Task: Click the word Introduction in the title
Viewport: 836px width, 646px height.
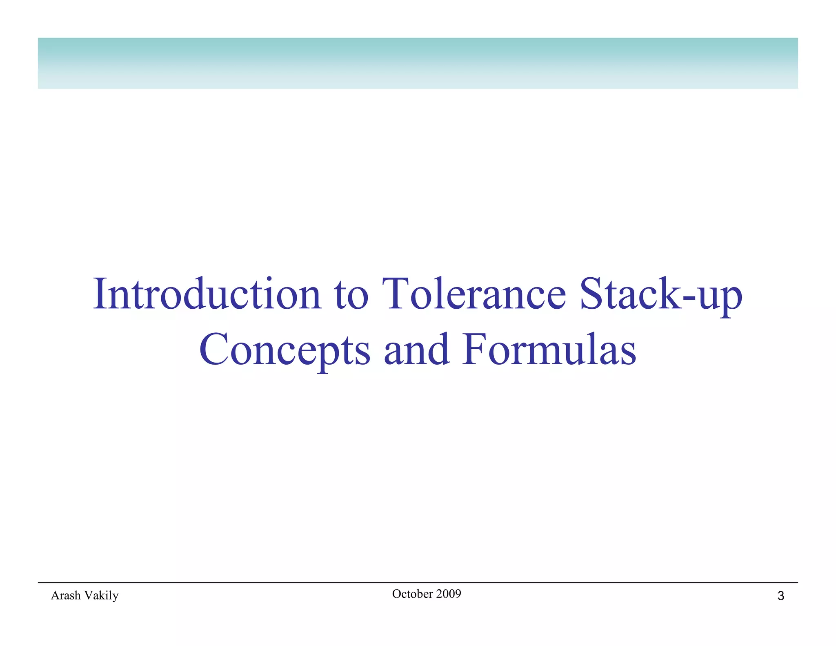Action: point(207,294)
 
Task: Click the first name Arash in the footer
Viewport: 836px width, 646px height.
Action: point(65,595)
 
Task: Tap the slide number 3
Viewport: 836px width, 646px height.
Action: point(780,596)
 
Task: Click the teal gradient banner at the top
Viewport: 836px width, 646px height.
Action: point(418,63)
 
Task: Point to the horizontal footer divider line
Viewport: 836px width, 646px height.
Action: point(418,583)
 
